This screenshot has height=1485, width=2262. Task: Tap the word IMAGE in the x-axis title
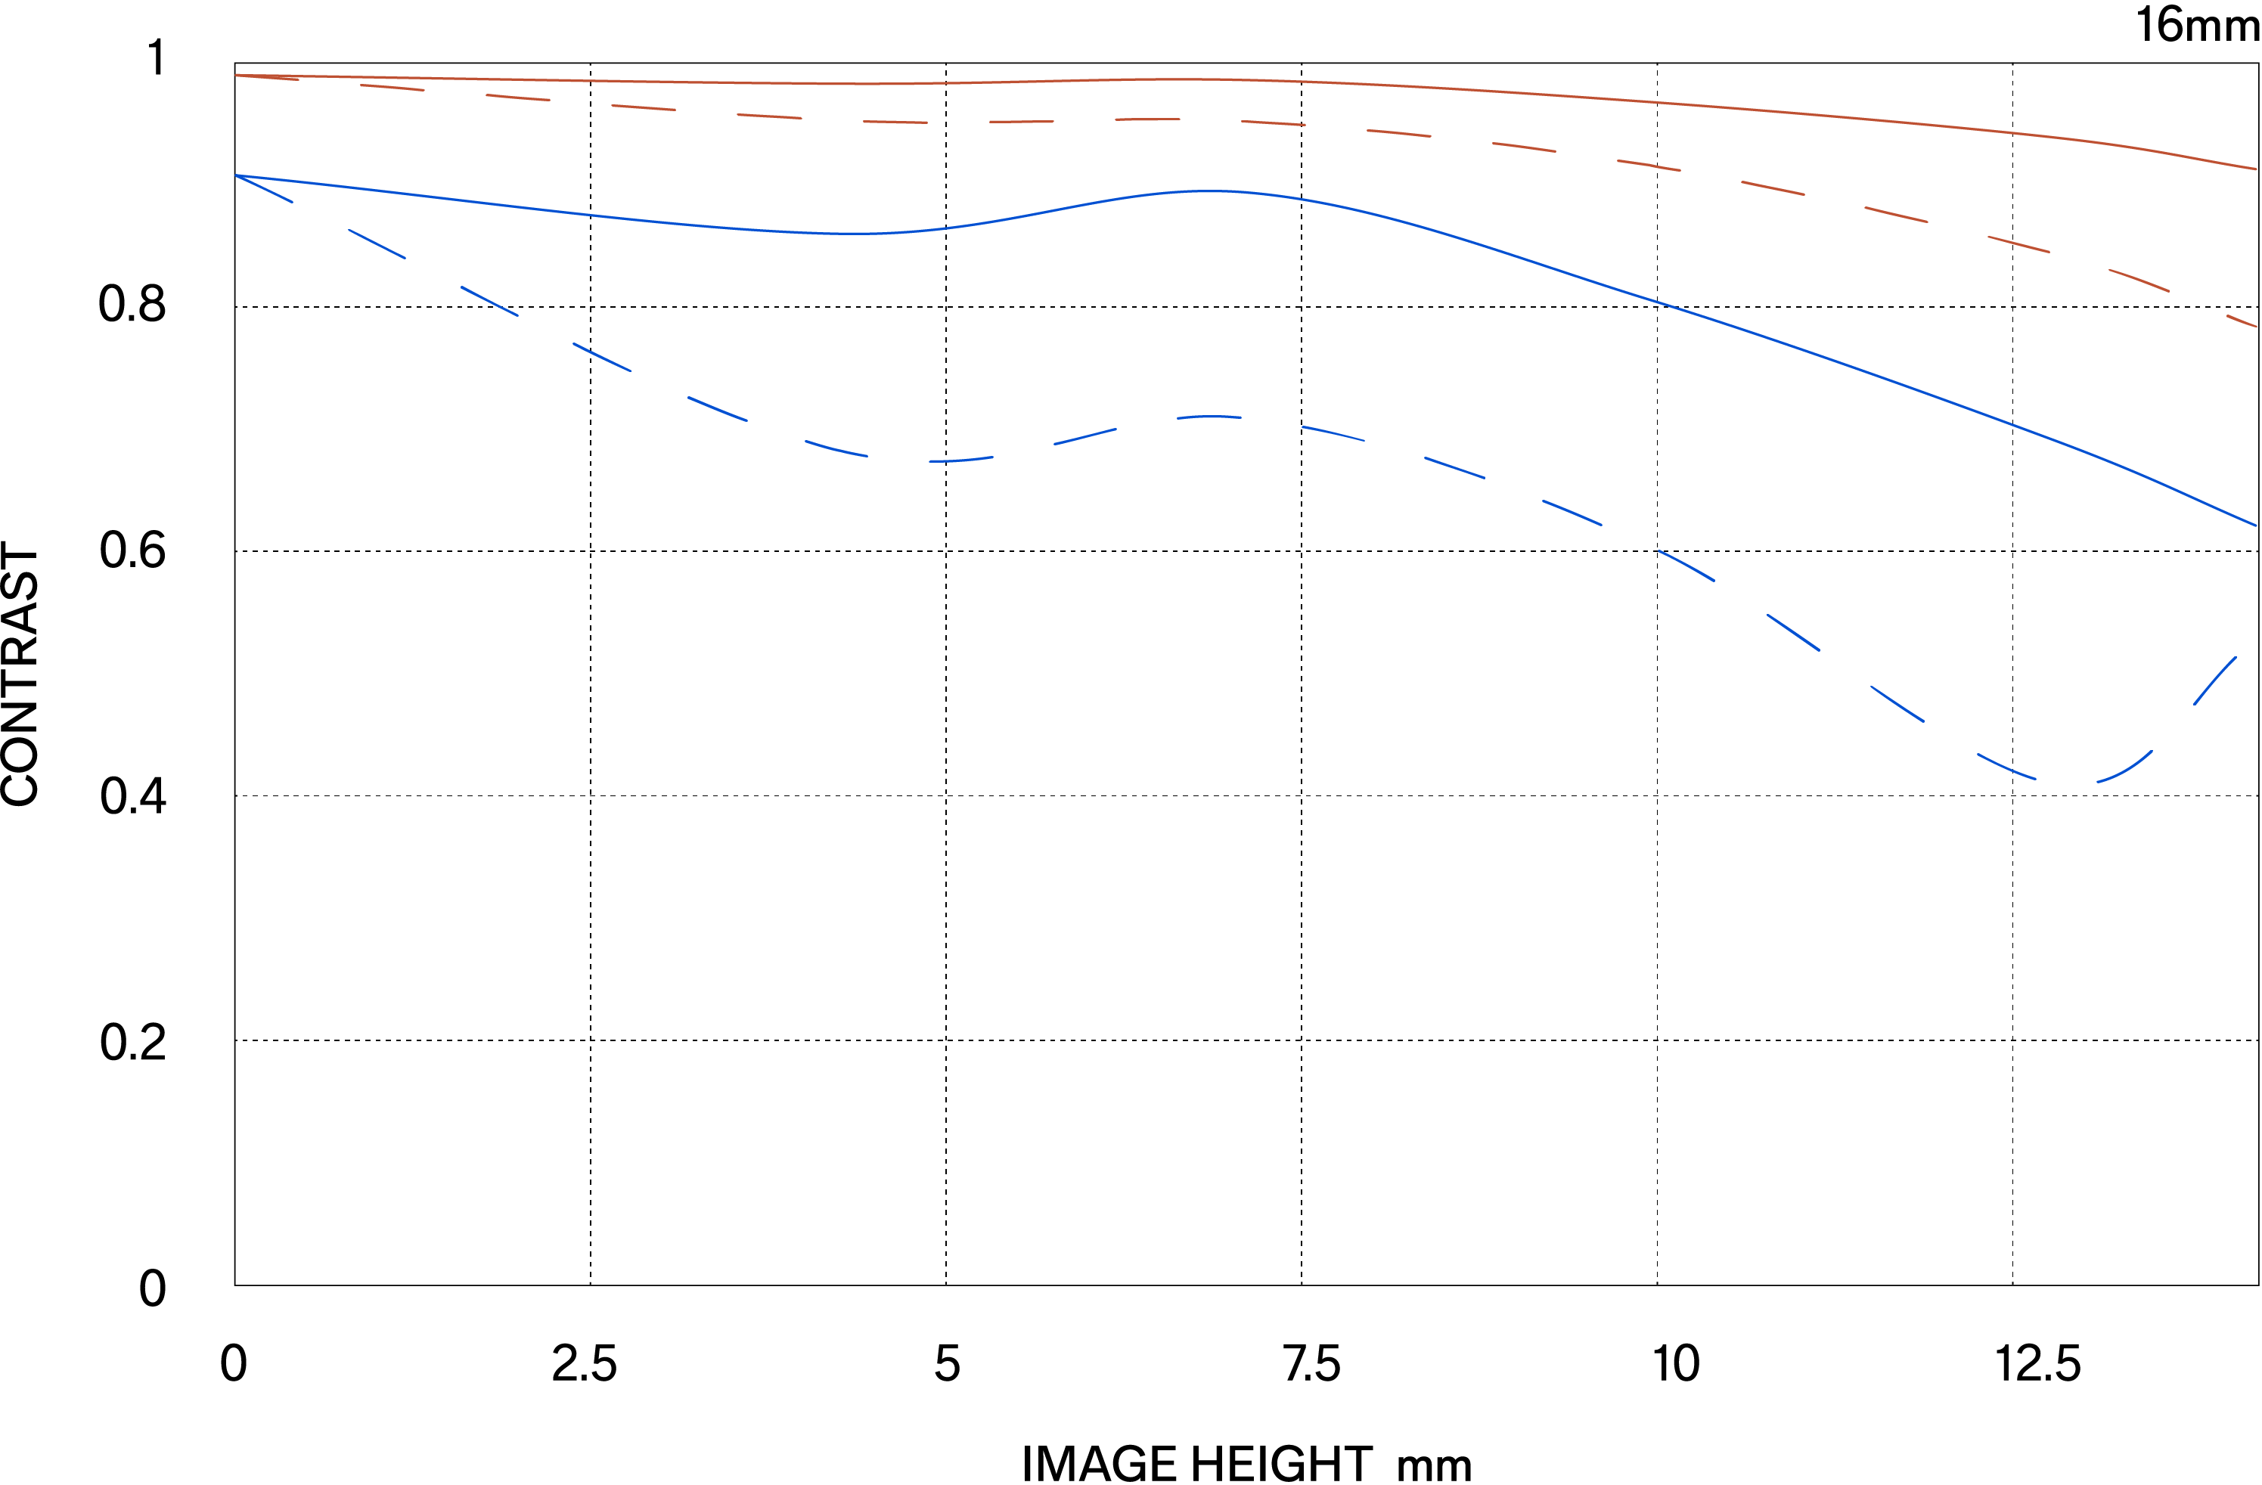[1100, 1463]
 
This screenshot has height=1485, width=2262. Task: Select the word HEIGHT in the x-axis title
[1281, 1463]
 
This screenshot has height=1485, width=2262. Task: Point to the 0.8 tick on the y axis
[132, 305]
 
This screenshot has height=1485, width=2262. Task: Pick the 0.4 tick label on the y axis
[132, 796]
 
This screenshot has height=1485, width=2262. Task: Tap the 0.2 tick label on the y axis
[132, 1042]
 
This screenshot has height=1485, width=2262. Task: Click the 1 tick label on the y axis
[156, 58]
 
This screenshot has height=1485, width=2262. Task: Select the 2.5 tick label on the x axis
[585, 1364]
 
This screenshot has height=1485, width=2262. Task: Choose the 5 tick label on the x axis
[947, 1364]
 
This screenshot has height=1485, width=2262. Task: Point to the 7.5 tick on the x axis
[1311, 1364]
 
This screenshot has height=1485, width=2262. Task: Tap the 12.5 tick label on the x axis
[2037, 1364]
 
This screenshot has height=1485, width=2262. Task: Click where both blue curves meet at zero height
[236, 175]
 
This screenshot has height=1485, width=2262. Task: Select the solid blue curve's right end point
[2255, 525]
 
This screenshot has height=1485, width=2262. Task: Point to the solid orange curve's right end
[2255, 169]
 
